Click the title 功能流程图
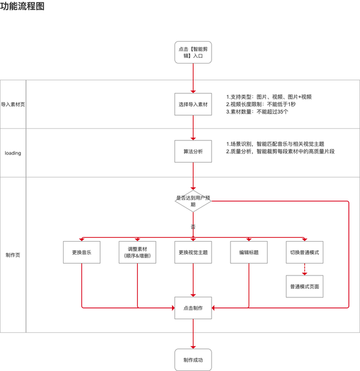tap(22, 7)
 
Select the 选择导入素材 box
tap(193, 104)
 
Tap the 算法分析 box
tap(193, 152)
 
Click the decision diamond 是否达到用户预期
tap(193, 201)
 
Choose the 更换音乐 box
tap(82, 252)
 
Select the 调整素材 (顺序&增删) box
tap(137, 252)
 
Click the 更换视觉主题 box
tap(193, 252)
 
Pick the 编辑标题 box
tap(249, 252)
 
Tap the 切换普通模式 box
tap(304, 252)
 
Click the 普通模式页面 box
tap(304, 286)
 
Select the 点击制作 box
tap(193, 307)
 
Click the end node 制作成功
tap(193, 359)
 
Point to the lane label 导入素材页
tap(13, 104)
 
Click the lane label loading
tap(13, 153)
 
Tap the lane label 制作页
tap(13, 255)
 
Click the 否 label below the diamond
tap(193, 227)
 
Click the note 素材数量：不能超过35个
tap(258, 112)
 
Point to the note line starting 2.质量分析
tap(280, 151)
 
